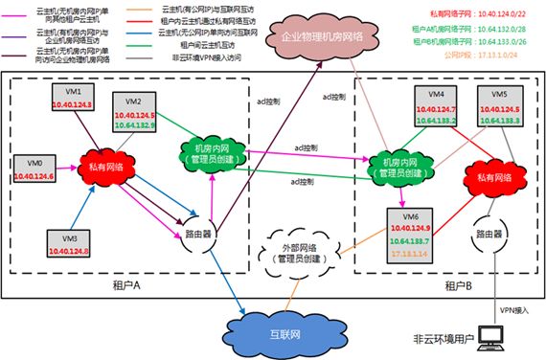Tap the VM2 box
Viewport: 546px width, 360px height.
coord(133,113)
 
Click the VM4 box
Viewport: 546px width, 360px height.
coord(434,107)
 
